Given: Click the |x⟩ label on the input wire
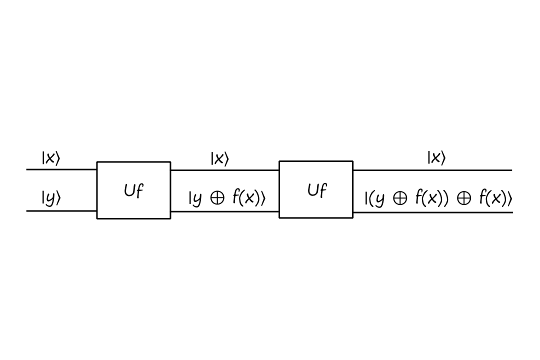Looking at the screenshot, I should click(50, 158).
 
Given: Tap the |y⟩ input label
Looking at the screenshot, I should click(50, 198).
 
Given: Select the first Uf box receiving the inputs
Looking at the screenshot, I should click(133, 190).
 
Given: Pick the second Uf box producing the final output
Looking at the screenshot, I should click(316, 189).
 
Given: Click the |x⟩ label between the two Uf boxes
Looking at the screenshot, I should click(219, 158).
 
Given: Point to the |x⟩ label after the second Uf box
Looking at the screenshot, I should click(436, 158).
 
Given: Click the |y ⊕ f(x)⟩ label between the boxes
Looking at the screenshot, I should click(226, 198).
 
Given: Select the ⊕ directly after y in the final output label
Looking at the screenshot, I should click(400, 199).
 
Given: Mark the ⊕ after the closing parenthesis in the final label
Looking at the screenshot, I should click(464, 199).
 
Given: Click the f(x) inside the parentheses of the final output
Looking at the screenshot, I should click(429, 198).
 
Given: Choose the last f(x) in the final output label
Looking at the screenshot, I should click(493, 198).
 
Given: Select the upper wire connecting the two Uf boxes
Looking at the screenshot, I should click(224, 170).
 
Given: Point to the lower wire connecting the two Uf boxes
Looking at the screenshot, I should click(224, 211).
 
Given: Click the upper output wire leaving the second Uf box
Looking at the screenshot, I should click(432, 170).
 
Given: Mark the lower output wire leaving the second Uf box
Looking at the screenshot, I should click(432, 212).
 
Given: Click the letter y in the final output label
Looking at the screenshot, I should click(380, 199).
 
